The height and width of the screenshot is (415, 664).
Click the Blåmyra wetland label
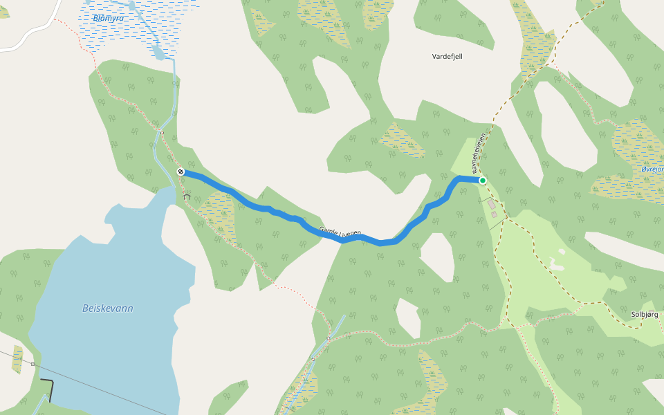coord(109,18)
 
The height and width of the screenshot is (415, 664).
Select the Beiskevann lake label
coord(107,308)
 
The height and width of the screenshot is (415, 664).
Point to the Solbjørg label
coord(644,313)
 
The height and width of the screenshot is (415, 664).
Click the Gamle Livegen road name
coord(340,233)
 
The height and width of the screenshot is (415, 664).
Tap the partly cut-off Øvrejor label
coord(652,169)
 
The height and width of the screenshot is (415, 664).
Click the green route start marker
coord(483,181)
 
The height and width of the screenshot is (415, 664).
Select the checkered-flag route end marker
coord(180,171)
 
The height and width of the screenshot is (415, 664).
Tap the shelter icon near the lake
coord(186,196)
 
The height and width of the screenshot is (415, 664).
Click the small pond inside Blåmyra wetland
coord(159,53)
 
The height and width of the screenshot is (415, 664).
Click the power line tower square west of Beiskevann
coord(33,363)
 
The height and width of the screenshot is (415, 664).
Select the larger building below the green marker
coord(492,205)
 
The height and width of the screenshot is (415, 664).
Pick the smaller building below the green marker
coord(495,214)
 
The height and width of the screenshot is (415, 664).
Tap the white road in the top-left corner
coord(28,38)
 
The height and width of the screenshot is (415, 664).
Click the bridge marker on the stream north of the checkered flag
coord(160,131)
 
